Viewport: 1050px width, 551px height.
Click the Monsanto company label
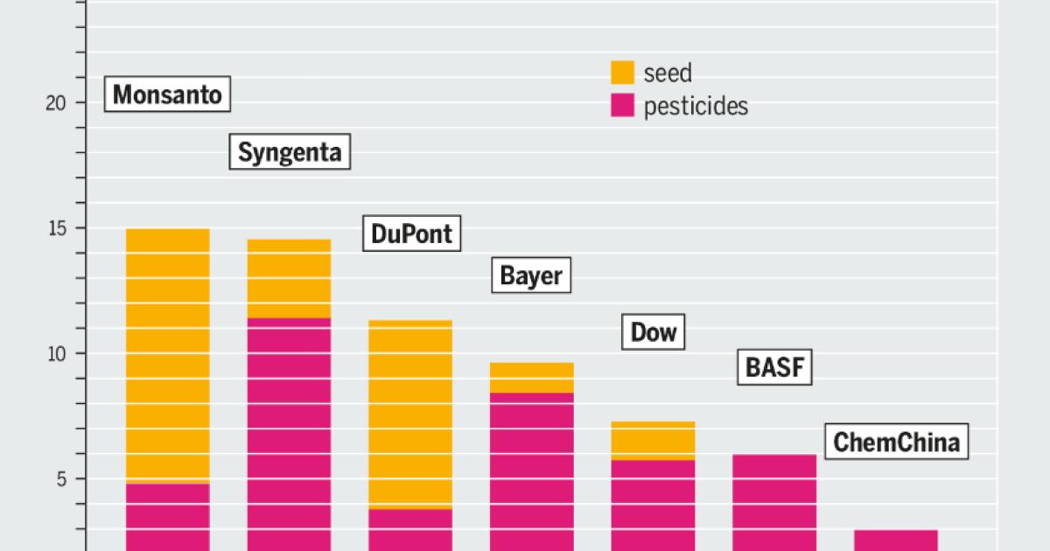[x=168, y=94]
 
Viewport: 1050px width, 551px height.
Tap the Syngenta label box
[x=290, y=152]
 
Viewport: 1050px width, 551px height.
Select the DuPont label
[x=411, y=234]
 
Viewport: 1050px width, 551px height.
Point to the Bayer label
[x=530, y=276]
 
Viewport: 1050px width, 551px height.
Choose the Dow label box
[x=654, y=332]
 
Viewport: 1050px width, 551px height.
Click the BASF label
[x=773, y=368]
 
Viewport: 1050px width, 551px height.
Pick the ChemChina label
[x=897, y=442]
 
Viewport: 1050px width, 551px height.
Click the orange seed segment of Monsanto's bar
[x=168, y=355]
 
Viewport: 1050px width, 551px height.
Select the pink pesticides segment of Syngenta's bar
[x=290, y=434]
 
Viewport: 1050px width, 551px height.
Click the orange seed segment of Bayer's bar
[x=531, y=378]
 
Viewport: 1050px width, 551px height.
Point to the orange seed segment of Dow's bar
[x=653, y=441]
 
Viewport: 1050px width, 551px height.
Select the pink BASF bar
[x=774, y=502]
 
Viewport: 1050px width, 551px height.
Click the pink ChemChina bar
[x=895, y=540]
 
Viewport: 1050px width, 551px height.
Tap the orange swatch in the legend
[x=622, y=73]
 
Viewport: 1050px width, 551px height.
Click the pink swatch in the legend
[x=622, y=106]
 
